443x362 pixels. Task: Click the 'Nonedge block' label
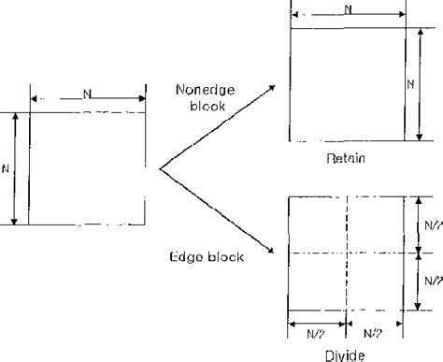pyautogui.click(x=203, y=98)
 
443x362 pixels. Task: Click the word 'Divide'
pyautogui.click(x=346, y=355)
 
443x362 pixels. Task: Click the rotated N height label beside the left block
pyautogui.click(x=7, y=168)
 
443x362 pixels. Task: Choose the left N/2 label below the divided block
pyautogui.click(x=317, y=331)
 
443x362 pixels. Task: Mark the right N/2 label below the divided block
pyautogui.click(x=373, y=331)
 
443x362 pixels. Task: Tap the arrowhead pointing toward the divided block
pyautogui.click(x=272, y=251)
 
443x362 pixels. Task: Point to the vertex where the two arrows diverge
pyautogui.click(x=161, y=169)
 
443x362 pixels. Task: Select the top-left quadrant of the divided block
pyautogui.click(x=318, y=225)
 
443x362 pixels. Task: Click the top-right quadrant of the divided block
pyautogui.click(x=374, y=225)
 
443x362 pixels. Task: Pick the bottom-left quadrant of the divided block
pyautogui.click(x=318, y=282)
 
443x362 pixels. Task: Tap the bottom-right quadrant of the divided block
pyautogui.click(x=374, y=282)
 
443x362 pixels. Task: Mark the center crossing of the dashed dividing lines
pyautogui.click(x=346, y=253)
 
